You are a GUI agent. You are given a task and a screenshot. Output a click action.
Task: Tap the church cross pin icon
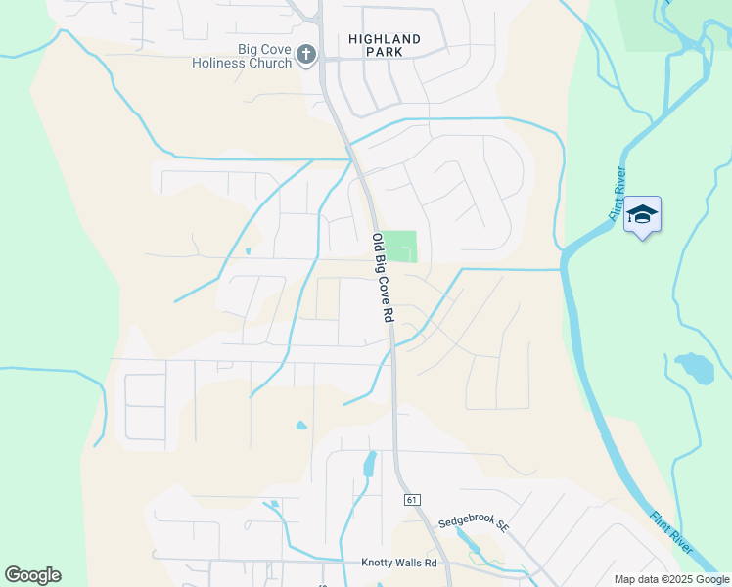[x=306, y=55]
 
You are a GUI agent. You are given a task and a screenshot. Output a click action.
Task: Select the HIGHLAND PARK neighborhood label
[x=385, y=46]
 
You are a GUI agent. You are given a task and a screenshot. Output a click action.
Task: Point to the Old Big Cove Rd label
[x=382, y=278]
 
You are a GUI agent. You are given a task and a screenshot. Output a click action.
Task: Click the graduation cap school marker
[x=642, y=214]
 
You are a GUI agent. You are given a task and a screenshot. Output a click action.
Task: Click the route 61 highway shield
[x=411, y=500]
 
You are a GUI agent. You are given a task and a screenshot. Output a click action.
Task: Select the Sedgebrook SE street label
[x=474, y=524]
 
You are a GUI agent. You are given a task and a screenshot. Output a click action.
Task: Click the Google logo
[x=32, y=575]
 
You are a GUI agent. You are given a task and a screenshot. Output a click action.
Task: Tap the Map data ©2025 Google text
[x=671, y=579]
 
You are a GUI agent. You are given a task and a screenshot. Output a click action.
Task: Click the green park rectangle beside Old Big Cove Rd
[x=398, y=247]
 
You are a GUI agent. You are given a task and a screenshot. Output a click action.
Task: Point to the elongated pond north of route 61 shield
[x=370, y=463]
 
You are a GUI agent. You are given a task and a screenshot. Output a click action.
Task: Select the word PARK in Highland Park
[x=385, y=54]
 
